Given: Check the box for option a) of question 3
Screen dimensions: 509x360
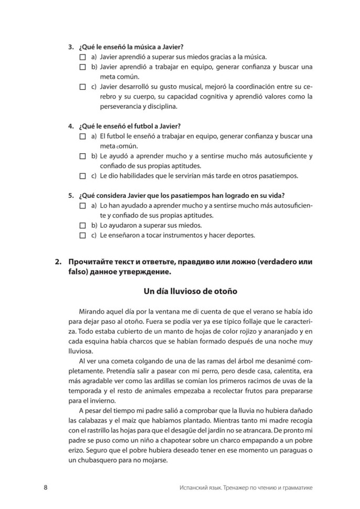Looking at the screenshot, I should tap(82, 57).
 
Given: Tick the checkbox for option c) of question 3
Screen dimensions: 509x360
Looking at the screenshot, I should tap(82, 87).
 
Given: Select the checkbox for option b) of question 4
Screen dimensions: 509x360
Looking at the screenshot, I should tap(82, 156).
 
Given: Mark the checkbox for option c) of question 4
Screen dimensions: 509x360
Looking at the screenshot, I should tap(82, 175).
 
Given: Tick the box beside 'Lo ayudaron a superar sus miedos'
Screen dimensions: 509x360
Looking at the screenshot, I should tap(82, 225).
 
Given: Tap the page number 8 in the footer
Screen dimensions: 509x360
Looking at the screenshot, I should tap(46, 487).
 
